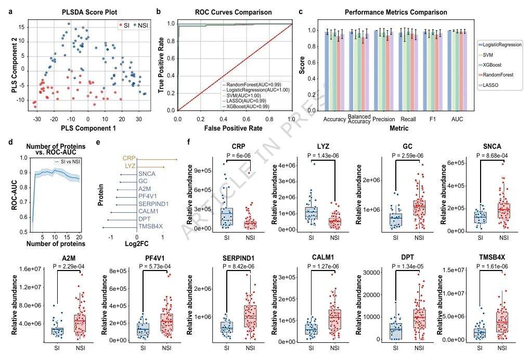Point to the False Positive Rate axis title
(234, 127)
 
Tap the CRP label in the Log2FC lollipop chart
(129, 158)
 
